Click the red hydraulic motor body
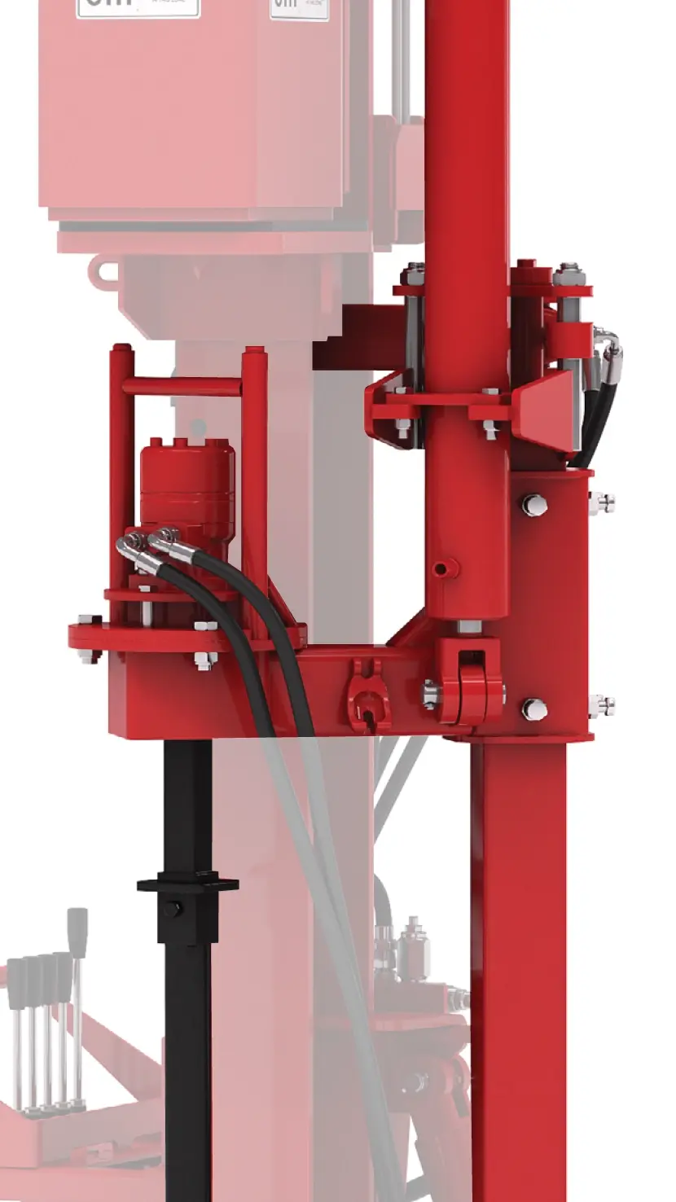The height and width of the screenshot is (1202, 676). pyautogui.click(x=187, y=480)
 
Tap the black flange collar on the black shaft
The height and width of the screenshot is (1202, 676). pyautogui.click(x=187, y=884)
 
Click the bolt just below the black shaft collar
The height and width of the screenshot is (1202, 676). pyautogui.click(x=171, y=908)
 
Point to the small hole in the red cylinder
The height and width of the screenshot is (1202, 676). pyautogui.click(x=441, y=568)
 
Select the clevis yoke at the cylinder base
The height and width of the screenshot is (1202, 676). pyautogui.click(x=469, y=680)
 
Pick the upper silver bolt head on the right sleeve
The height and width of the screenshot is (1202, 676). pyautogui.click(x=533, y=505)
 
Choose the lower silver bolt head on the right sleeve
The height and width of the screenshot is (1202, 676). pyautogui.click(x=533, y=708)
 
